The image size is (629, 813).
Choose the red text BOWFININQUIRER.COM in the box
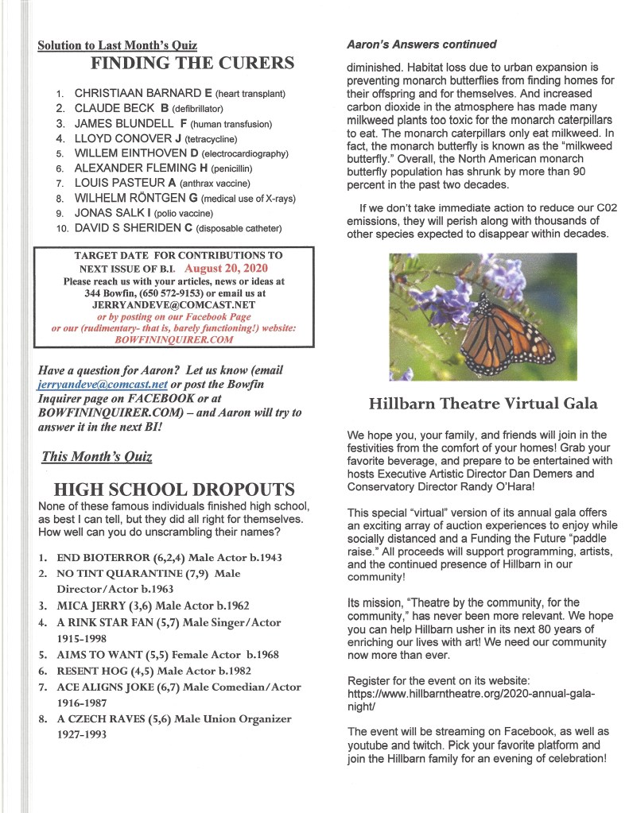pyautogui.click(x=174, y=339)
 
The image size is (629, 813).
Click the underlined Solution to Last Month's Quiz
pyautogui.click(x=117, y=46)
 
